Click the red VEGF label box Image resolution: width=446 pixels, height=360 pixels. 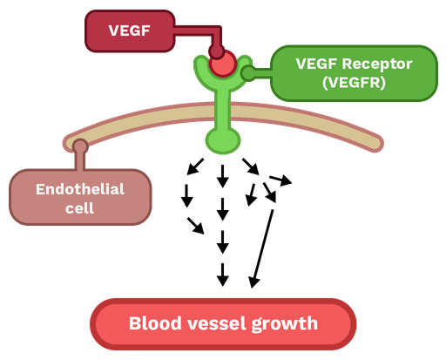tap(129, 31)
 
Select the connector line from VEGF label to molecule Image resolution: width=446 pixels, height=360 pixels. tap(193, 32)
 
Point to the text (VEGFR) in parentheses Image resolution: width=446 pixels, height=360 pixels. tap(353, 83)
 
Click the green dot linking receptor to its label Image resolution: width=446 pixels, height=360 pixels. tap(248, 73)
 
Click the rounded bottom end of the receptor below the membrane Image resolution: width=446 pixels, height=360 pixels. tap(222, 139)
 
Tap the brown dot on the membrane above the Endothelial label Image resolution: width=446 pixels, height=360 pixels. tap(80, 146)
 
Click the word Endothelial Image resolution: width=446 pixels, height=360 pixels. tap(80, 188)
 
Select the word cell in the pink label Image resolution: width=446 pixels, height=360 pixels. tap(79, 208)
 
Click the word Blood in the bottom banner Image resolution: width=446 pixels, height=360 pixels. tap(153, 324)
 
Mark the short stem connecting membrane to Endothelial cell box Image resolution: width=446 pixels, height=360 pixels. tap(80, 160)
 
